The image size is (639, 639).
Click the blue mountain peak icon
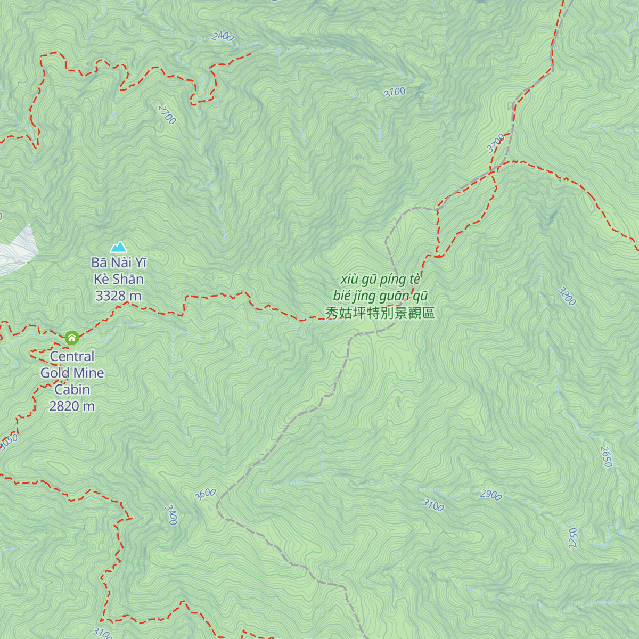click(x=118, y=247)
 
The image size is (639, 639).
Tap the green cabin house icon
click(x=72, y=338)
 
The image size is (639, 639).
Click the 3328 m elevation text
click(x=118, y=296)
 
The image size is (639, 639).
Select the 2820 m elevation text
click(x=72, y=406)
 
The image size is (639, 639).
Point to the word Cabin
click(x=72, y=389)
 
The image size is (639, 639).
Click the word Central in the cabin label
click(x=72, y=356)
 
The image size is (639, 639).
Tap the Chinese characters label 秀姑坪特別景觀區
click(x=380, y=313)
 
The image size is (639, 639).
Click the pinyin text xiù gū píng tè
click(x=380, y=279)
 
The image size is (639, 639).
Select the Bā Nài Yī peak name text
click(x=118, y=263)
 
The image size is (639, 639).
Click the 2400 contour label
click(x=223, y=36)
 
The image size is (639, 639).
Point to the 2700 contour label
click(x=167, y=114)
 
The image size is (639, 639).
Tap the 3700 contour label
click(x=495, y=143)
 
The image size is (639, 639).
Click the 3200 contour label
click(x=567, y=297)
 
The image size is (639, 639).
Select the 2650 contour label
click(x=607, y=456)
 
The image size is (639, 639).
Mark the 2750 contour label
click(x=573, y=538)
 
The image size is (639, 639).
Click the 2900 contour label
click(x=490, y=495)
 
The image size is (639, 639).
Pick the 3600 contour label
click(x=205, y=495)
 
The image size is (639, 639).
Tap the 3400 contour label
click(x=171, y=515)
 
